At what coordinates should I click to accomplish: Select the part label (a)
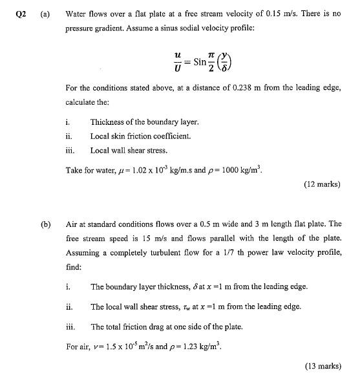[45, 12]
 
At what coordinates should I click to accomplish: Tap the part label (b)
[45, 224]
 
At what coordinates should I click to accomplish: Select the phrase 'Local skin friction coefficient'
[140, 136]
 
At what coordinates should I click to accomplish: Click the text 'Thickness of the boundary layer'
[144, 122]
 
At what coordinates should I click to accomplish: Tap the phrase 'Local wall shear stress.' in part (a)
[129, 150]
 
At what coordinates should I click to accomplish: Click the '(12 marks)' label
[322, 184]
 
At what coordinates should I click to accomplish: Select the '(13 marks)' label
[322, 366]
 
